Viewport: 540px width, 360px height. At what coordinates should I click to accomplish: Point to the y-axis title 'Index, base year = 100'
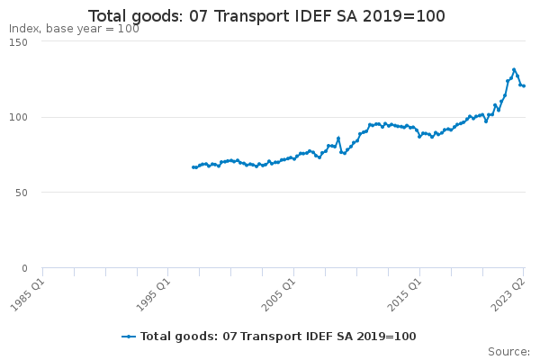click(x=74, y=29)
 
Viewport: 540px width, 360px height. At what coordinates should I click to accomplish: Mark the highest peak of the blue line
click(x=514, y=69)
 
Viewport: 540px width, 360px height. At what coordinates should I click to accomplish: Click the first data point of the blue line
click(x=193, y=167)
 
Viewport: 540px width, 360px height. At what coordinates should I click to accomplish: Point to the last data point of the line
click(x=524, y=86)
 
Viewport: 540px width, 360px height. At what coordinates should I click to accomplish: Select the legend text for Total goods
click(x=278, y=337)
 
